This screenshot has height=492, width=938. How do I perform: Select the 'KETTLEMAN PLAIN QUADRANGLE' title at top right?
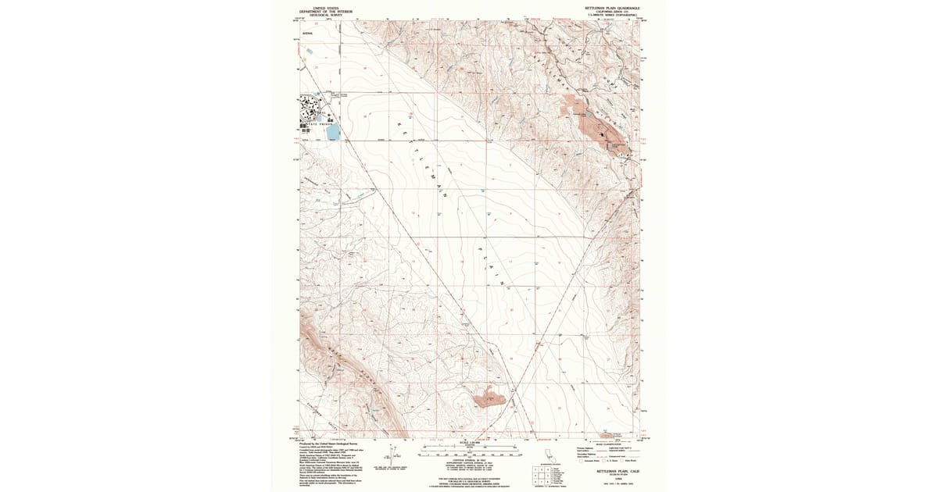point(613,7)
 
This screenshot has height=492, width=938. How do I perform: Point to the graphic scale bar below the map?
point(469,451)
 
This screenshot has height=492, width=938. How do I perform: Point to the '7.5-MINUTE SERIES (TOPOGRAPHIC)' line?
point(613,15)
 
